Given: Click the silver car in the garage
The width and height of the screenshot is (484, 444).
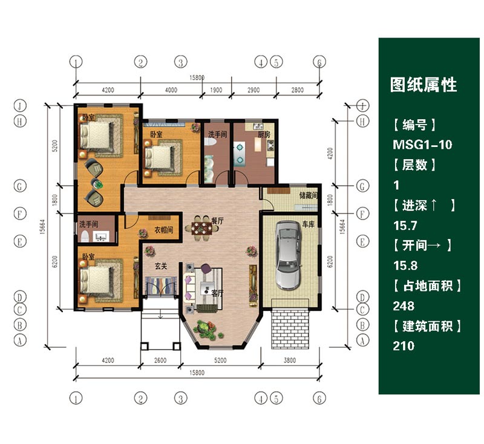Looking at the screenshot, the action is (288, 255).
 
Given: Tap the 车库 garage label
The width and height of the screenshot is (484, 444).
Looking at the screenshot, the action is (308, 224).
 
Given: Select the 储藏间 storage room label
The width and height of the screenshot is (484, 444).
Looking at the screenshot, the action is (309, 195).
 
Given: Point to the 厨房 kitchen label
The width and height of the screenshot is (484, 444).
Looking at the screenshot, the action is (264, 134).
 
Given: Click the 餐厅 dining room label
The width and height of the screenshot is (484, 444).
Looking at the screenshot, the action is (218, 221).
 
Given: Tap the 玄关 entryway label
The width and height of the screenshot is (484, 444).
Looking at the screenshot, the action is (161, 266).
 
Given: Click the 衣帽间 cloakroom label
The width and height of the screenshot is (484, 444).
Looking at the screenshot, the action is (163, 230).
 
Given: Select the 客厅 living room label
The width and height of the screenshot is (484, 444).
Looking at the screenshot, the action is (217, 293).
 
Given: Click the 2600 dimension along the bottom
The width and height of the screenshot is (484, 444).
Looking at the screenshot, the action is (160, 360).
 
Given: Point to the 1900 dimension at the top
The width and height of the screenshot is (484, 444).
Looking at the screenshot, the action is (216, 90).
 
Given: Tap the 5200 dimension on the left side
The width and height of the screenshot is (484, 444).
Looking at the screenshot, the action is (55, 146).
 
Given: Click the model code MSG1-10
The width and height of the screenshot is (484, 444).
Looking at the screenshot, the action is (422, 145).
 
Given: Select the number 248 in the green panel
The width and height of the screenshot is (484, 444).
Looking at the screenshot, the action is (404, 306).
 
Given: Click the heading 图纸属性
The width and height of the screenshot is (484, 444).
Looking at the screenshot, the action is (423, 85).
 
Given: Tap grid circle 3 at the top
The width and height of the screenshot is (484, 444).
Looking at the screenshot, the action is (181, 62).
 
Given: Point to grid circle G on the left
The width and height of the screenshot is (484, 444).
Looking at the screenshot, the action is (20, 186).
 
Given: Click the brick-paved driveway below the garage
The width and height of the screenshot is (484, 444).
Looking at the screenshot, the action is (290, 328).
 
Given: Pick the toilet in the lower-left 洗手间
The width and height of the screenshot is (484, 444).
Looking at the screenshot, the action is (84, 237).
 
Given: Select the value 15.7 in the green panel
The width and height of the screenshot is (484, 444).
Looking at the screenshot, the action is (405, 226).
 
